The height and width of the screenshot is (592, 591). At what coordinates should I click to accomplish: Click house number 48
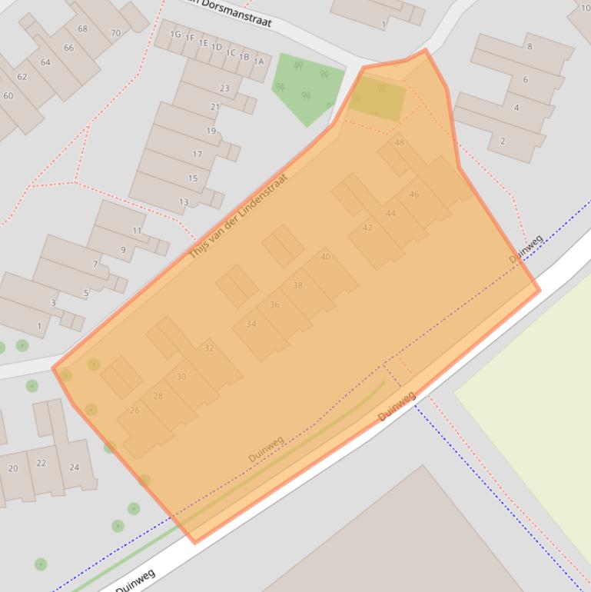(399, 142)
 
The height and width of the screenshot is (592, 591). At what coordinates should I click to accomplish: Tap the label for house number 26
(134, 410)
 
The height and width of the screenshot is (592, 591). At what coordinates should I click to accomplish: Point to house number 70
(115, 33)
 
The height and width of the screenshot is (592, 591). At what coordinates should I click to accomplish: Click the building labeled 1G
(175, 35)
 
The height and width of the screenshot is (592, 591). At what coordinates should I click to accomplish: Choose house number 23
(224, 88)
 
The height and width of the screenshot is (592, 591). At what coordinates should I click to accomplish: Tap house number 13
(184, 202)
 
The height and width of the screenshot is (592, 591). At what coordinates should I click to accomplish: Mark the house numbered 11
(137, 231)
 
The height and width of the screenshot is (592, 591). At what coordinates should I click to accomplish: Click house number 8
(529, 47)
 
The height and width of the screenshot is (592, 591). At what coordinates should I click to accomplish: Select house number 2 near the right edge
(503, 141)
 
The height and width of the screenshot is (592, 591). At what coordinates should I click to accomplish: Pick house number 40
(325, 257)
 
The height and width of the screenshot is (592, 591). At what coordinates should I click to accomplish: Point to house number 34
(251, 324)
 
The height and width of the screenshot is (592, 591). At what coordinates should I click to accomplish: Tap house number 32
(208, 348)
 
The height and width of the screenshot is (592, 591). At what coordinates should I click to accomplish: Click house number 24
(74, 467)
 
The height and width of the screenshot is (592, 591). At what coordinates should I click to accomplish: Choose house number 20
(13, 468)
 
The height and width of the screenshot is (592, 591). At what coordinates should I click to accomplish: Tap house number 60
(8, 96)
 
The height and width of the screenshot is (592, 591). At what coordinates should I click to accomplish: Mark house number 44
(390, 213)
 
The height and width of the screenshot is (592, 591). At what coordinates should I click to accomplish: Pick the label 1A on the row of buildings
(258, 62)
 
